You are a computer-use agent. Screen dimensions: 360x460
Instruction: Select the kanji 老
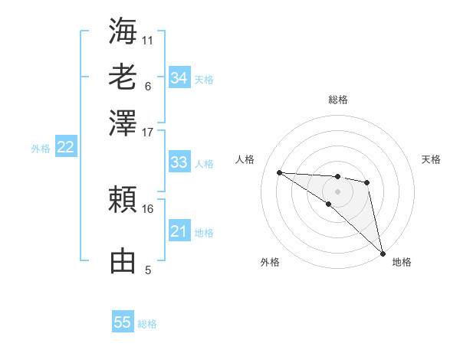pos(123,77)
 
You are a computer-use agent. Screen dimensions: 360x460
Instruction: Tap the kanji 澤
pos(123,123)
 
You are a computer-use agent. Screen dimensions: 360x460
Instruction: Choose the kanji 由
pos(123,260)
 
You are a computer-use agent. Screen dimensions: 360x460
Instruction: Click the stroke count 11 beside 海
pos(148,40)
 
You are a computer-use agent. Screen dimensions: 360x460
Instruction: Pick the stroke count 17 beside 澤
pos(148,132)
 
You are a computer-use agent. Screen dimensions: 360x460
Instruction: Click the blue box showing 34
pos(179,78)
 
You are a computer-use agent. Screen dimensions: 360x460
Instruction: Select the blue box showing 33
pos(179,162)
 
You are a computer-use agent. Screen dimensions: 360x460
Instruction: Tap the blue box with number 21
pos(179,231)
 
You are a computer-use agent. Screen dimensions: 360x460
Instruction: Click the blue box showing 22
pos(66,148)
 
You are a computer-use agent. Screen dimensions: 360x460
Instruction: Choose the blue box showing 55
pos(123,322)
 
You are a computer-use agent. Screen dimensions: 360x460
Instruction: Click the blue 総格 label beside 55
pos(147,324)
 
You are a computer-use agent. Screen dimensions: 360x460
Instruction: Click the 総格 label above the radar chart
pos(337,100)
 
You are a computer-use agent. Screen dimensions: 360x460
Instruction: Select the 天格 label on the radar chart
pos(431,159)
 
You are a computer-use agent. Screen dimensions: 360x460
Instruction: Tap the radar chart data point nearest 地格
pos(382,253)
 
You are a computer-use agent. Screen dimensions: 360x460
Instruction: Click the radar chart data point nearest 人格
pos(279,172)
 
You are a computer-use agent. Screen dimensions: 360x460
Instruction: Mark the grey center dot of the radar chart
pos(337,191)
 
